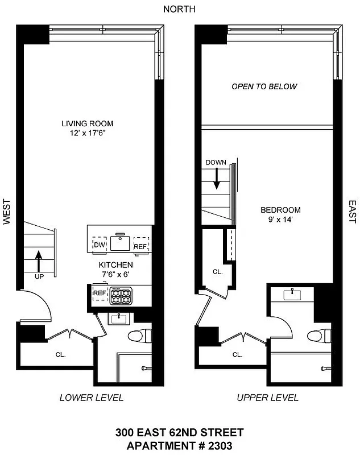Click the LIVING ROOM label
click(88, 123)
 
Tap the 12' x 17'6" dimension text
click(88, 134)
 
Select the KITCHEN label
click(115, 265)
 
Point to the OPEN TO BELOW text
click(264, 87)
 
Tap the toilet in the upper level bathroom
click(317, 336)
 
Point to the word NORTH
click(179, 9)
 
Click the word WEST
click(7, 212)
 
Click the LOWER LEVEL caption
click(91, 398)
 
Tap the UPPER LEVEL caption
click(267, 398)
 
